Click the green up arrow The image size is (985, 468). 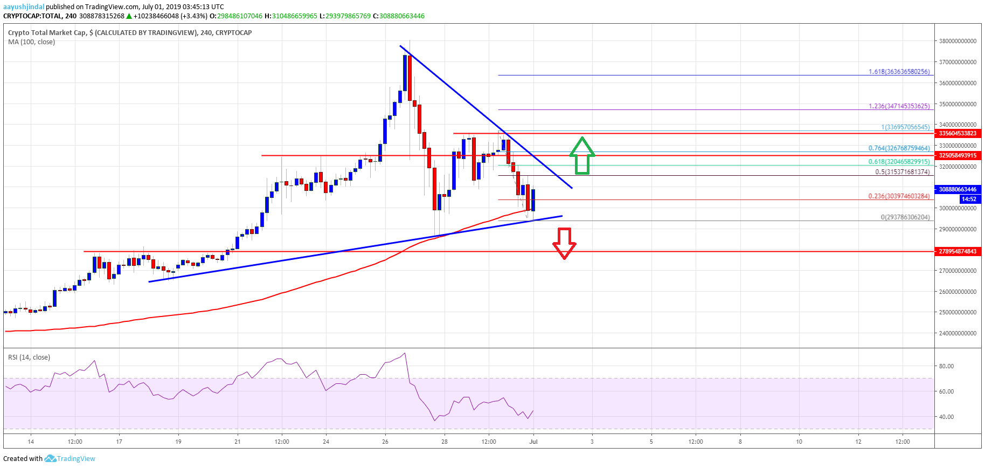(582, 156)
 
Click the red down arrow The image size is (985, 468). (564, 243)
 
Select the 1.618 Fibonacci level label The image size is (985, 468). (899, 72)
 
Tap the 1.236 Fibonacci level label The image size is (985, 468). (899, 106)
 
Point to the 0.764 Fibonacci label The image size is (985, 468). (899, 148)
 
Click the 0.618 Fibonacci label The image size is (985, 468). (899, 162)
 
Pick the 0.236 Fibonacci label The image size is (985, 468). (899, 196)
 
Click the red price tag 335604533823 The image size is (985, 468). (958, 134)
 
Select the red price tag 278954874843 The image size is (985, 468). (958, 252)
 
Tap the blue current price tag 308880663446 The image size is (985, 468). (958, 190)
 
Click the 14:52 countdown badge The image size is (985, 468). (969, 199)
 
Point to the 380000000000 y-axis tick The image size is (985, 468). (957, 42)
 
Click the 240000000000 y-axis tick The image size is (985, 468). (957, 334)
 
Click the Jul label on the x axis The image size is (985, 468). (533, 442)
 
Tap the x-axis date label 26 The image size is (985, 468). (385, 442)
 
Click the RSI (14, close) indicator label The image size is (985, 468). (29, 357)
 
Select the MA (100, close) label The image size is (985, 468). (31, 42)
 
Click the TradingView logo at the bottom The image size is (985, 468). (70, 459)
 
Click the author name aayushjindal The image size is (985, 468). (24, 7)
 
